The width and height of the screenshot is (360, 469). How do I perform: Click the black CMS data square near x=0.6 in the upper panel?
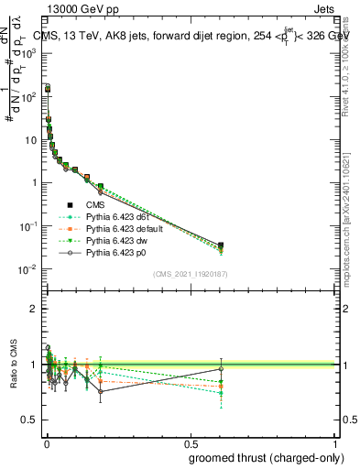[x=221, y=245]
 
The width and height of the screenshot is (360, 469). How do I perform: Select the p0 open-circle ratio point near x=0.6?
[x=221, y=369]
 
